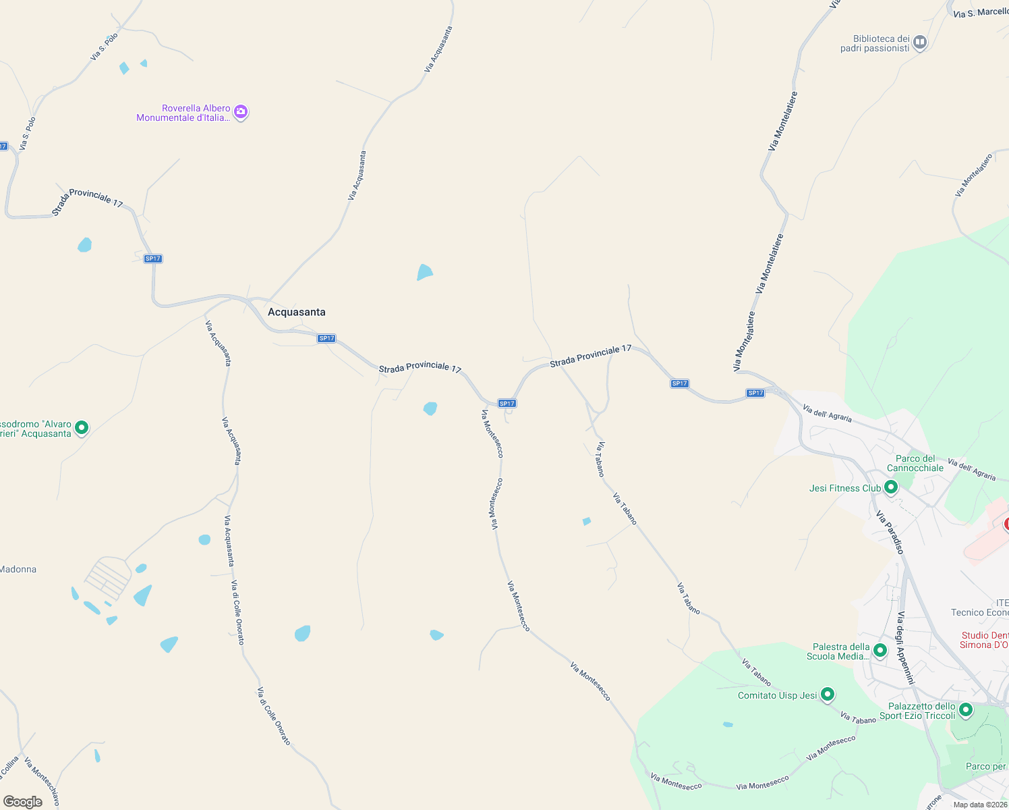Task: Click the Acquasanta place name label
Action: (296, 312)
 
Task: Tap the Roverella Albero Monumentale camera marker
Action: (241, 112)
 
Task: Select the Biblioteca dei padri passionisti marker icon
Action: (920, 43)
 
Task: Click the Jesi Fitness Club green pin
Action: (890, 487)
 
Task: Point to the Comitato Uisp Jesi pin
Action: (828, 694)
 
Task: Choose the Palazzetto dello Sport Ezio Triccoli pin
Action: (965, 709)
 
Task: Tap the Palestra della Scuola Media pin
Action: (880, 651)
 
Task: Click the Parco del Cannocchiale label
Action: (915, 463)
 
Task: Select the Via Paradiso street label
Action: (890, 533)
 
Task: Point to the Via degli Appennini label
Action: (904, 647)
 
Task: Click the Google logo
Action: (23, 801)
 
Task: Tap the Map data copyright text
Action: (980, 805)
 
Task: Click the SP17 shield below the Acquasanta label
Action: (326, 338)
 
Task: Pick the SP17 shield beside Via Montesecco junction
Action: (507, 403)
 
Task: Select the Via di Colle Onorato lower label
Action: (274, 716)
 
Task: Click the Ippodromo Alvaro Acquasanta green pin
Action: (82, 427)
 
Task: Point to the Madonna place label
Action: (18, 569)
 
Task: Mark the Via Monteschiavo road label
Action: (42, 782)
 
